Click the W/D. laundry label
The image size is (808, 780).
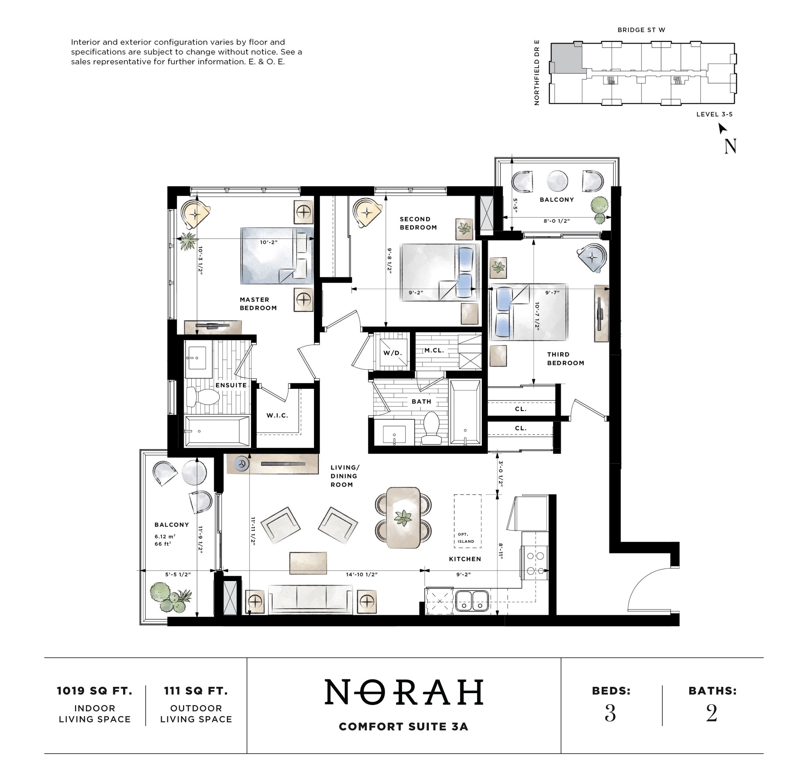pos(392,353)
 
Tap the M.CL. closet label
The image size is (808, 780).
pos(434,351)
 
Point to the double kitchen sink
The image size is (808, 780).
pos(471,600)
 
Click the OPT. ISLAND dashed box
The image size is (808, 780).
pos(468,521)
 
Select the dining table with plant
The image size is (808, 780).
pos(403,517)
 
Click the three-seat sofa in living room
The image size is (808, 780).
pos(310,600)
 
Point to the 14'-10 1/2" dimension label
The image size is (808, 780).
pos(361,575)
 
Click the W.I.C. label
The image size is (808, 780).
pos(277,415)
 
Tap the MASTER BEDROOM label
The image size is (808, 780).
pos(258,304)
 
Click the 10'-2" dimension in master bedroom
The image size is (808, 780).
pos(268,242)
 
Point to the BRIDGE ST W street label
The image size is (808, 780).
pos(641,30)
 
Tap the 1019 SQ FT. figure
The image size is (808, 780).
pos(94,691)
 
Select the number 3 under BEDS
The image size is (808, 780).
pos(610,713)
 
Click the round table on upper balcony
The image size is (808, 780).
pos(557,181)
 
